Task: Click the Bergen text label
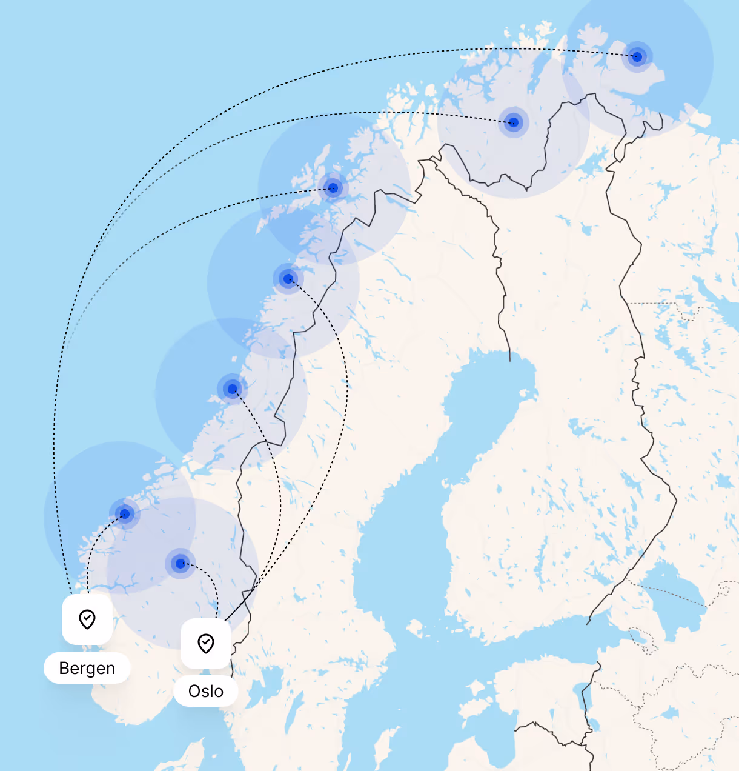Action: point(87,668)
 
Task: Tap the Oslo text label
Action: point(206,691)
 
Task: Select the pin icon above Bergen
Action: point(87,619)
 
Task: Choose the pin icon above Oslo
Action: point(206,643)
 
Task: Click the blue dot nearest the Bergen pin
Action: point(125,514)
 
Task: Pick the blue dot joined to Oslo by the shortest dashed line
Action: point(180,564)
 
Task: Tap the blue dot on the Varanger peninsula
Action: point(637,57)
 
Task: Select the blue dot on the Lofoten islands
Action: point(333,188)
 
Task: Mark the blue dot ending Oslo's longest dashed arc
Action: point(288,279)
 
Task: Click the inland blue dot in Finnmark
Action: point(514,122)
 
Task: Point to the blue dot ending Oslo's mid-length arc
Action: point(233,389)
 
